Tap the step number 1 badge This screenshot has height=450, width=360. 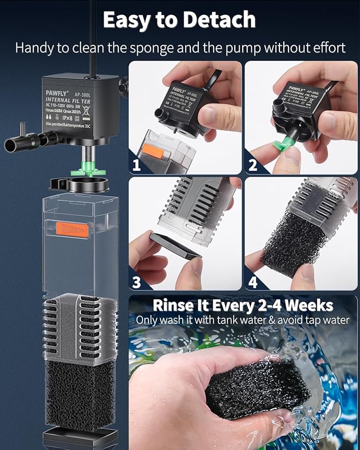(x=137, y=165)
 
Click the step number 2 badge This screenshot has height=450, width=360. (x=253, y=165)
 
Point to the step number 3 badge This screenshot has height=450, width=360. (x=137, y=281)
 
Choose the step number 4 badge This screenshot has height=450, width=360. (x=253, y=281)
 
